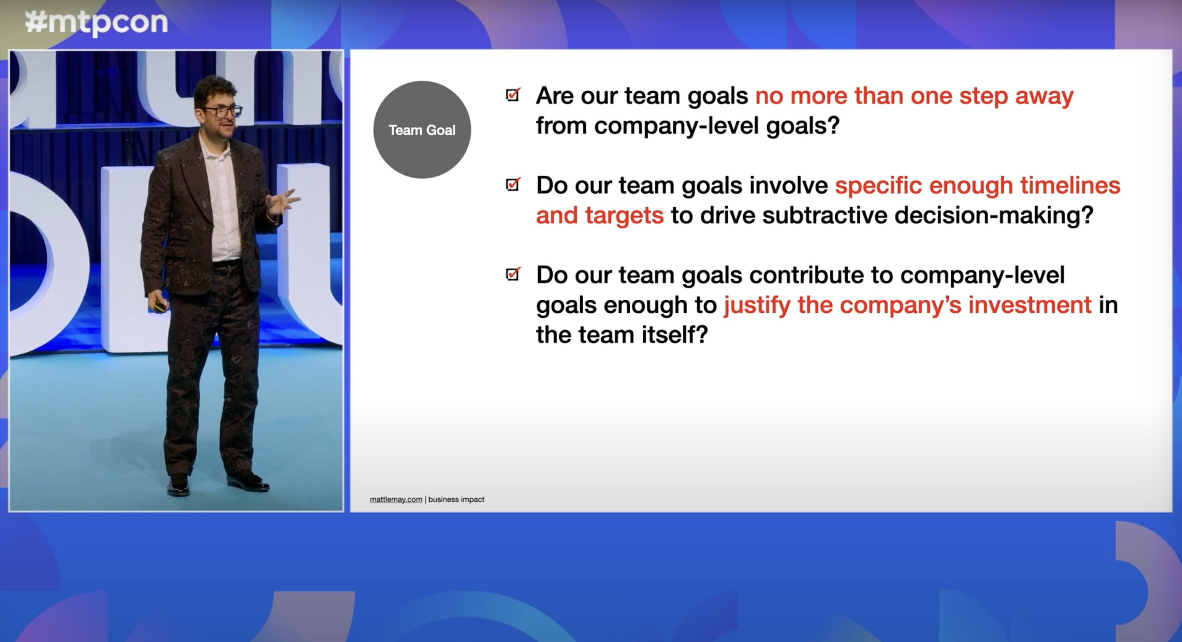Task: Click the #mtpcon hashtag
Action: click(x=96, y=23)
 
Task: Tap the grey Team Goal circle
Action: click(x=422, y=130)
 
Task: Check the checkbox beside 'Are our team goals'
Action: click(x=513, y=95)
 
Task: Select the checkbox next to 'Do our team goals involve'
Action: click(x=513, y=184)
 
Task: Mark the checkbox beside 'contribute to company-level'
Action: click(x=513, y=274)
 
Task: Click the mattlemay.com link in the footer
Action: click(x=396, y=499)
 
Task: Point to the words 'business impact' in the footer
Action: click(x=456, y=499)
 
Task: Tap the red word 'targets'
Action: click(x=624, y=216)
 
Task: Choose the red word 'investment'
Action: click(x=1030, y=305)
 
